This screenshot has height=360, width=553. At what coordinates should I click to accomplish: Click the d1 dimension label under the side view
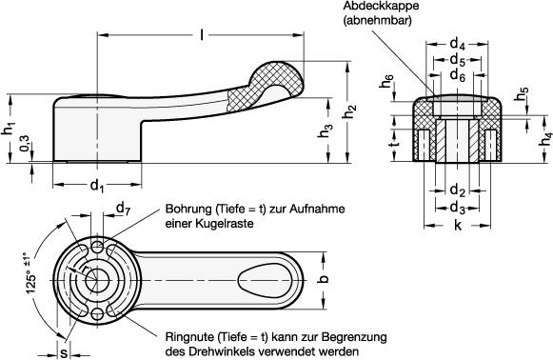point(96,185)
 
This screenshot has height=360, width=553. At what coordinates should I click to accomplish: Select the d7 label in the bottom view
point(122,209)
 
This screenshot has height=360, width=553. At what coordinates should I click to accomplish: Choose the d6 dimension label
point(458,75)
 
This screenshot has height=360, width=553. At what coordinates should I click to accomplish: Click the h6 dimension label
point(386,86)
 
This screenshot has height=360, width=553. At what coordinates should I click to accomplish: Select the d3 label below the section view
point(457,207)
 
